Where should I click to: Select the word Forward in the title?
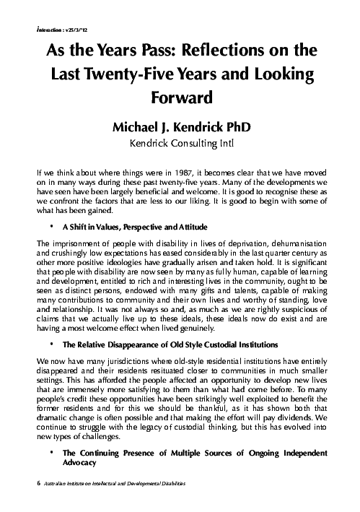pos(180,97)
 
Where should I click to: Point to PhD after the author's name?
pos(234,127)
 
